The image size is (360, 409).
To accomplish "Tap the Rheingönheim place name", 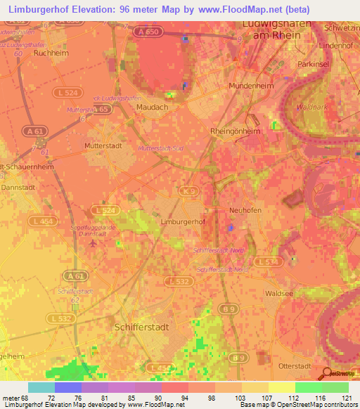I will coord(236,131).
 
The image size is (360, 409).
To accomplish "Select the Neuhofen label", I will coord(245,209).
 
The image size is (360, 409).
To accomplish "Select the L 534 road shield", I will coord(266,261).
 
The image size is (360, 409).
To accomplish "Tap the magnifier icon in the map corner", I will coord(326,373).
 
